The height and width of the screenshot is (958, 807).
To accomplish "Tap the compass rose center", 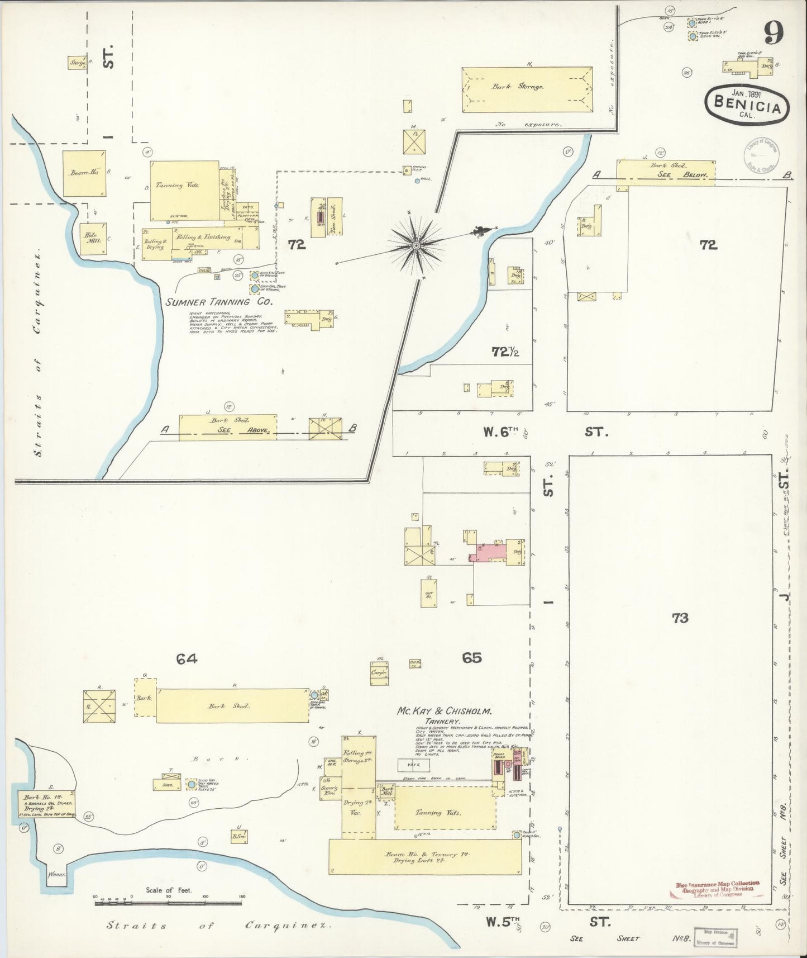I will [x=417, y=245].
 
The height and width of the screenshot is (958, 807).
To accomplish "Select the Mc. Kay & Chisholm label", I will [x=444, y=712].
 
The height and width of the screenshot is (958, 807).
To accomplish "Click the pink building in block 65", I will [x=490, y=551].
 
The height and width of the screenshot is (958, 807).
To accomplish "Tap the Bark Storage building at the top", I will [x=527, y=89].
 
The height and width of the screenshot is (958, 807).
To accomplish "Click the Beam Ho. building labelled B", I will [x=84, y=173].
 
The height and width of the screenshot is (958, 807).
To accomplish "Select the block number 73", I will [x=680, y=618].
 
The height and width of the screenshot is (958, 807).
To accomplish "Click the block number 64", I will [x=187, y=660].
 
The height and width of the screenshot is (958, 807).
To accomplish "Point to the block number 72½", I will [x=506, y=352].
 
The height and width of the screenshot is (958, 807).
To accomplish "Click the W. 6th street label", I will [x=502, y=432].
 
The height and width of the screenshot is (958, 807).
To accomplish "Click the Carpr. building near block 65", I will [x=379, y=672].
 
